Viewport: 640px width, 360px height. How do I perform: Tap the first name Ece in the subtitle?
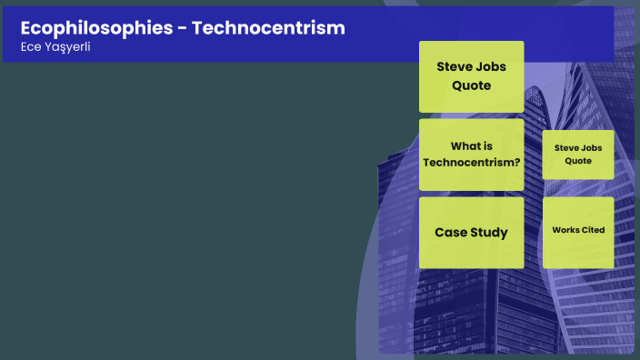click(30, 47)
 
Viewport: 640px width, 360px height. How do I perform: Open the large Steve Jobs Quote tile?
click(471, 76)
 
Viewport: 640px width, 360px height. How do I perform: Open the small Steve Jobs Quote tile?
click(578, 154)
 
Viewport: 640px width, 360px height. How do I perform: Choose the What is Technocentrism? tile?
click(471, 155)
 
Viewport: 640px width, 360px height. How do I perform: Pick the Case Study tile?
click(471, 232)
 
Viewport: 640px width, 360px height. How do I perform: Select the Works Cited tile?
click(578, 231)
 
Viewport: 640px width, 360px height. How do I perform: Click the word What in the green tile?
click(465, 145)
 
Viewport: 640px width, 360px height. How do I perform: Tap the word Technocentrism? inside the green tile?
click(471, 163)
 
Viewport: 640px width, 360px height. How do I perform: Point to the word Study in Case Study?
click(489, 232)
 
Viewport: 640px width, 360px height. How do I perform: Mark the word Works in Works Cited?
click(565, 230)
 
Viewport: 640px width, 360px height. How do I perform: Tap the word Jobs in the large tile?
click(491, 66)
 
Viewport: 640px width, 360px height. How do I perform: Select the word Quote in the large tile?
click(471, 85)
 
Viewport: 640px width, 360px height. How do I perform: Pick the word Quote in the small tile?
click(578, 161)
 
